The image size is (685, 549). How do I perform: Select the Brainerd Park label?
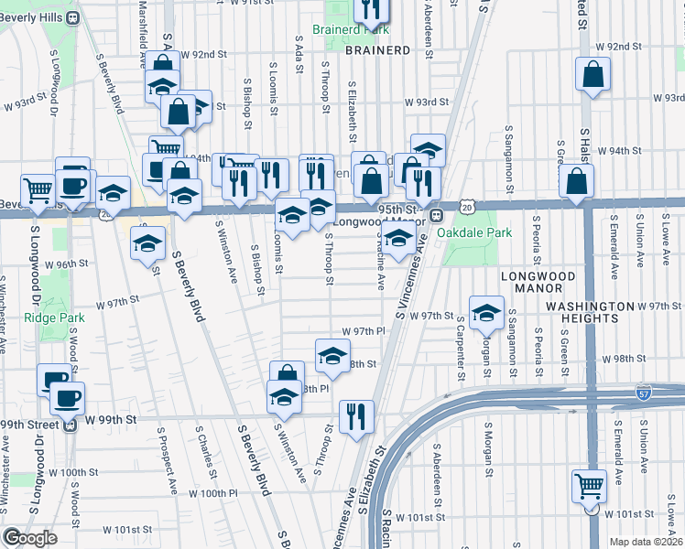[x=351, y=30]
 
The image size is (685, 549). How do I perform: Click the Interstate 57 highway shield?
[x=644, y=392]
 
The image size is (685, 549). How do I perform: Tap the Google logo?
[x=29, y=537]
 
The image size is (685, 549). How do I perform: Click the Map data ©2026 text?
[x=646, y=542]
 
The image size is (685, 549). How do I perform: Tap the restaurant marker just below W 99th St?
[x=355, y=415]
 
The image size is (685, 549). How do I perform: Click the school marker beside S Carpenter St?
[x=487, y=312]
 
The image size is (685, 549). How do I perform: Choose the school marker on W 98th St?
[x=332, y=355]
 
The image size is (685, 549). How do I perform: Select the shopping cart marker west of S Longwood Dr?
[x=38, y=190]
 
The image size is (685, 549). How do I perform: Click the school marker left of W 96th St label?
[x=147, y=243]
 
